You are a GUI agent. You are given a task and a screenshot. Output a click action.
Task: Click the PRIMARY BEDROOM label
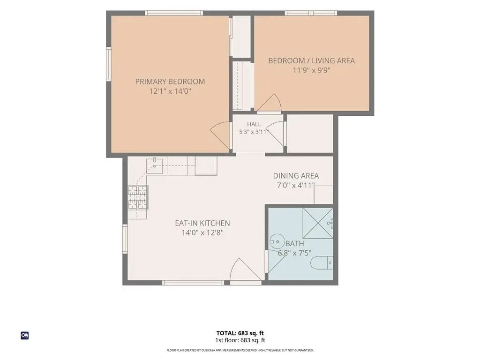click(x=170, y=82)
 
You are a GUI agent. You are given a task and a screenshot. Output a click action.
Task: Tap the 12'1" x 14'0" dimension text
click(x=170, y=91)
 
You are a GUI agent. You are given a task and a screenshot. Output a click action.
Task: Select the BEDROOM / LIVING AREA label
click(x=311, y=60)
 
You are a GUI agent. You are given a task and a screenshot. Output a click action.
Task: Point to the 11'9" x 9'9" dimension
click(x=311, y=70)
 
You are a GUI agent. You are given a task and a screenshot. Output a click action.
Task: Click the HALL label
click(x=254, y=124)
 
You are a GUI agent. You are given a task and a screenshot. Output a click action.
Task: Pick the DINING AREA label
click(x=296, y=176)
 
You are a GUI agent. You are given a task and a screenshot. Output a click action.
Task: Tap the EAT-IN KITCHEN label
click(x=202, y=223)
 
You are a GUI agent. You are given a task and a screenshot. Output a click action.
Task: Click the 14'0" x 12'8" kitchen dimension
click(x=202, y=232)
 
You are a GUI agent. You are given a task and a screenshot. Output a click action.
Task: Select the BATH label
click(x=294, y=244)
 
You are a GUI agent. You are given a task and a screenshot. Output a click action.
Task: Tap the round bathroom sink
click(x=277, y=241)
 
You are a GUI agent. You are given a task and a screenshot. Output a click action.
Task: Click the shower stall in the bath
click(x=318, y=223)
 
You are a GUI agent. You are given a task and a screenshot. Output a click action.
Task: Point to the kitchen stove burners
click(x=138, y=197)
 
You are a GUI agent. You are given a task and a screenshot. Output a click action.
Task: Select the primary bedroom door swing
click(x=220, y=135)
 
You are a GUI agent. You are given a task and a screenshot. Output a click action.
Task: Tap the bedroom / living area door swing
click(x=269, y=103)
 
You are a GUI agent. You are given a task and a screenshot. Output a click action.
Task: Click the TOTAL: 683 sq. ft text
click(x=240, y=333)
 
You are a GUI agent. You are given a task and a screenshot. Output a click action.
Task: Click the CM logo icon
click(x=25, y=335)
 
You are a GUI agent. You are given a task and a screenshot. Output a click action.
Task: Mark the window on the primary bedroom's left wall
click(x=108, y=64)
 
